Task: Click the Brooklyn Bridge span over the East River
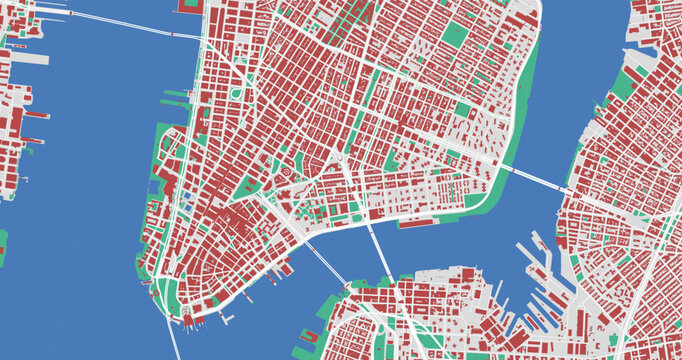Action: click(322, 263)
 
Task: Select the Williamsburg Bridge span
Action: click(531, 178)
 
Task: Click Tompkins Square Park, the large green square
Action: click(461, 109)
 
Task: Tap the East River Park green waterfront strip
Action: click(521, 120)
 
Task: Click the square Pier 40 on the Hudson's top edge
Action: click(189, 6)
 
